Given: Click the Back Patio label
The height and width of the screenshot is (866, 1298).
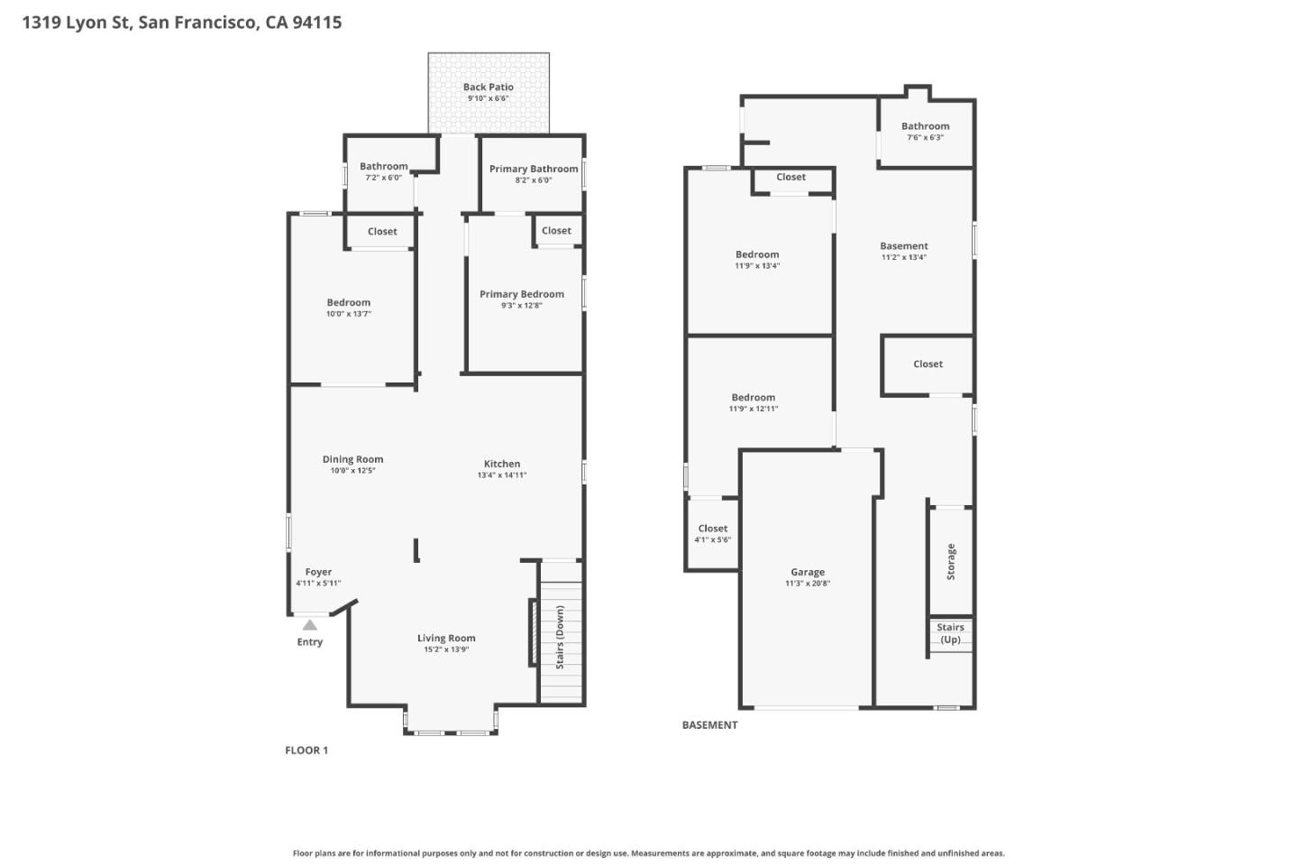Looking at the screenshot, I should [488, 88].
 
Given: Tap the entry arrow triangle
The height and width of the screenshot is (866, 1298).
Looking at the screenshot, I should [309, 624].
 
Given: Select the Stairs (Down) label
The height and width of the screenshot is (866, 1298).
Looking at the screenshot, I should [560, 637].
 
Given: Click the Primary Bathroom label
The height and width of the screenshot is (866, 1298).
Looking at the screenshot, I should [533, 169].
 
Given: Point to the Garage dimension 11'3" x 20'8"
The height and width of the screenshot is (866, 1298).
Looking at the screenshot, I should [807, 584].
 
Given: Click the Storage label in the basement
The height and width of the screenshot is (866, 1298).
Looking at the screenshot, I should [951, 561].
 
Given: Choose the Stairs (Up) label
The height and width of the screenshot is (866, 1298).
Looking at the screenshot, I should [950, 633].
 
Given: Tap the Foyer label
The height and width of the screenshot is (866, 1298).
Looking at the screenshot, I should [318, 572].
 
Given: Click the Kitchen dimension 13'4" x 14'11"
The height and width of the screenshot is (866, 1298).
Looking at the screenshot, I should [501, 475].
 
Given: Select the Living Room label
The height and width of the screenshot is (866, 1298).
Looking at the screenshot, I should [445, 638].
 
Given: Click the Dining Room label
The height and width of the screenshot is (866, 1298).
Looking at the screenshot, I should [352, 459].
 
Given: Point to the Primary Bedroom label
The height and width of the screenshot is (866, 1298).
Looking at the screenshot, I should [521, 294].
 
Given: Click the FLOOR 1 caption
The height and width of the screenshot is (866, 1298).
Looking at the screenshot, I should [306, 751].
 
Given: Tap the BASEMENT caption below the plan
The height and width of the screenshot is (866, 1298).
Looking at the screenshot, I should [709, 725].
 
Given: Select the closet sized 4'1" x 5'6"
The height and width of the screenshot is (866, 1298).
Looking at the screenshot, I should [712, 534].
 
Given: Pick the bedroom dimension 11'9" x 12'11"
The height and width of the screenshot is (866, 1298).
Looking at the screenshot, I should [753, 409].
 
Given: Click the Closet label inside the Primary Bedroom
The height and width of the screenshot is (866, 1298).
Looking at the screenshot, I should [556, 231].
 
